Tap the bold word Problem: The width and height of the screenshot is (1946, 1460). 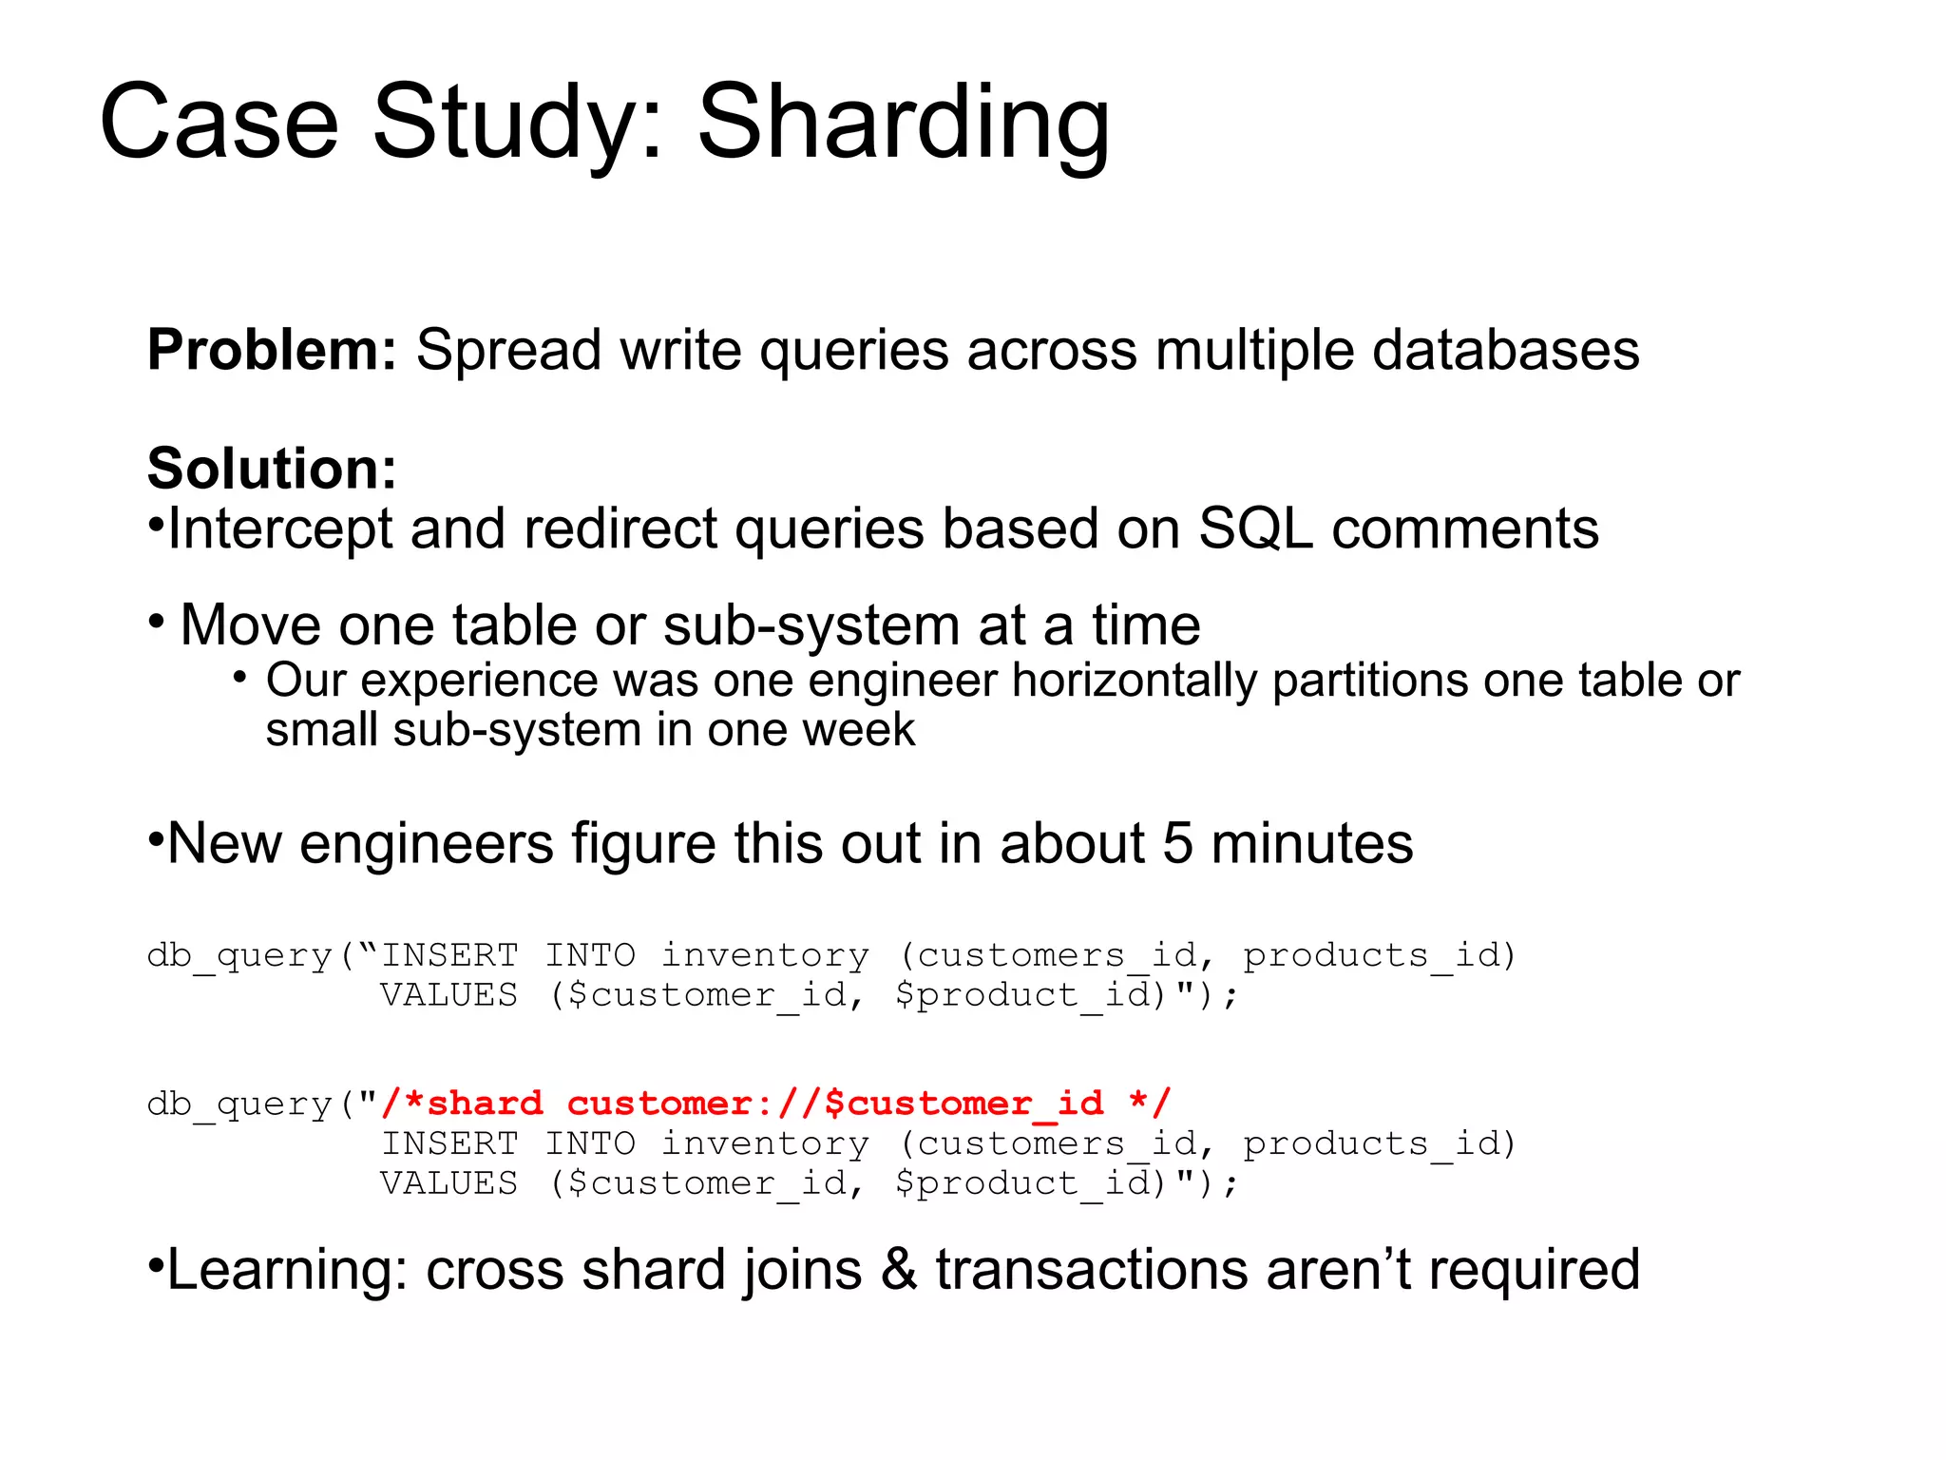(x=272, y=351)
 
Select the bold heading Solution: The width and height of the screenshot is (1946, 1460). (x=272, y=469)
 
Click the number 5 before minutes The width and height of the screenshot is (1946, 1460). (x=1177, y=843)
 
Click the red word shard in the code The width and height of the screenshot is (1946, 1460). (x=486, y=1104)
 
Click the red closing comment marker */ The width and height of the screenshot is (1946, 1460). (x=1150, y=1103)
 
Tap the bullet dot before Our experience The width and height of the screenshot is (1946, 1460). (x=240, y=678)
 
